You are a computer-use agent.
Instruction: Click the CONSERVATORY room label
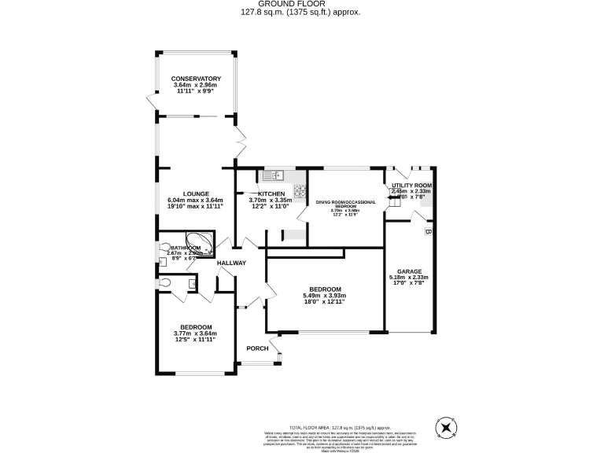tap(196, 79)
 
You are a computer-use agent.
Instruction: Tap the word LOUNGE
tap(195, 193)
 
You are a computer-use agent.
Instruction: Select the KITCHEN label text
tap(271, 193)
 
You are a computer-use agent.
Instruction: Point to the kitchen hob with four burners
tap(300, 190)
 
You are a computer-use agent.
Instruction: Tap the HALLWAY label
tap(232, 263)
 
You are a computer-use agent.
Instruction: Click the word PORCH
tap(258, 348)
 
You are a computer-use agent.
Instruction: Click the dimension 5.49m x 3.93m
tap(325, 296)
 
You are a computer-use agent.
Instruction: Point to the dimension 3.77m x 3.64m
tap(195, 333)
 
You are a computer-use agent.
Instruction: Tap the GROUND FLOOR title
tap(302, 4)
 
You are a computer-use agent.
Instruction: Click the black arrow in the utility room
tap(392, 198)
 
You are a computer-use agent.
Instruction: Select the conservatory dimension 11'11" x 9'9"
tap(196, 91)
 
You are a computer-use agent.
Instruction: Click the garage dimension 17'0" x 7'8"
tap(408, 283)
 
